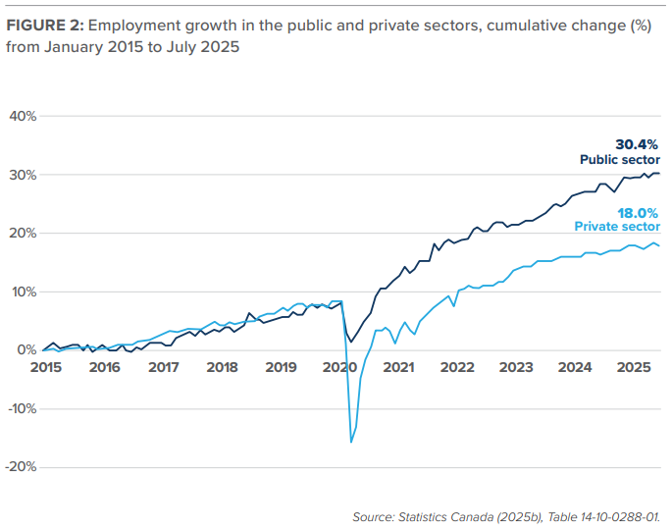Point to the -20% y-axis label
[21, 467]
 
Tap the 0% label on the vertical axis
[27, 350]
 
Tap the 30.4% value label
[638, 144]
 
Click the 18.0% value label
[639, 212]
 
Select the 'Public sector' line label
[620, 159]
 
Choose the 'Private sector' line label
[617, 227]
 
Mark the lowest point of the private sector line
[351, 443]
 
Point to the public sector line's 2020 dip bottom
[351, 341]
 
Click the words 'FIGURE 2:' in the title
[44, 27]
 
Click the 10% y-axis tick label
[24, 292]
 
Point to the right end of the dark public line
[659, 174]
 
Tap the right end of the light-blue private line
[659, 245]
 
